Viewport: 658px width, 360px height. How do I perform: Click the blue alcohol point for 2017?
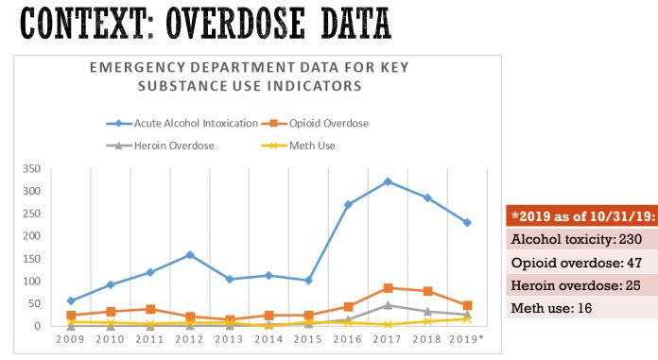(388, 181)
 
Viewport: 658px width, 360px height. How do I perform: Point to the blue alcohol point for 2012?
(190, 254)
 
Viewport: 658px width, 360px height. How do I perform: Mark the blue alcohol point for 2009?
(72, 300)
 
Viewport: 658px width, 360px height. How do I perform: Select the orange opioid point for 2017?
(388, 287)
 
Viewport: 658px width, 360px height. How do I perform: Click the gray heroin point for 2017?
(388, 305)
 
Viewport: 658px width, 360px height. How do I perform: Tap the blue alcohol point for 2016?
(348, 204)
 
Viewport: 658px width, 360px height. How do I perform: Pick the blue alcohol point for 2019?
(467, 223)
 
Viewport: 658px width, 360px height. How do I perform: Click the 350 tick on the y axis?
(31, 168)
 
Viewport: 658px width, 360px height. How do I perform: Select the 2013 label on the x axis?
(229, 337)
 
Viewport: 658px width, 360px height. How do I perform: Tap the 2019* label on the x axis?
(467, 337)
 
